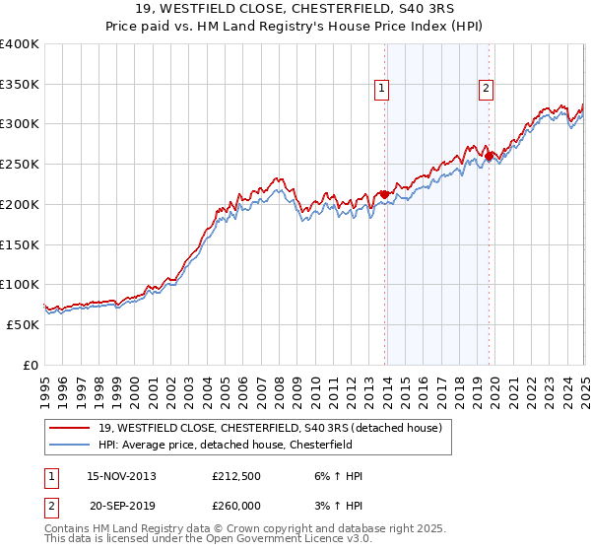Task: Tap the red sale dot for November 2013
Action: tap(384, 195)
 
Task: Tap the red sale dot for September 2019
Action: tap(489, 156)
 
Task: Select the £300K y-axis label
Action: tap(22, 124)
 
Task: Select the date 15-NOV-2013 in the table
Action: tap(121, 476)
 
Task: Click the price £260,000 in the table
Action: tap(236, 505)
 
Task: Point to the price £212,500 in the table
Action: tap(236, 476)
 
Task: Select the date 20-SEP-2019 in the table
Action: tap(121, 505)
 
